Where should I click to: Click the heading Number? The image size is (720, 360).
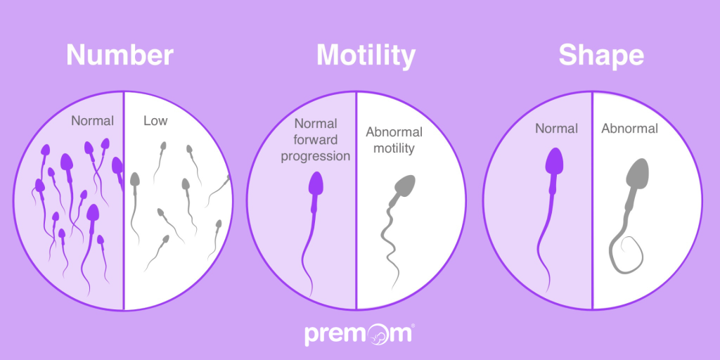(x=120, y=56)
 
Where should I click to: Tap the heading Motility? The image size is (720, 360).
(x=366, y=56)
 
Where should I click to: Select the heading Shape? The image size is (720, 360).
(x=601, y=56)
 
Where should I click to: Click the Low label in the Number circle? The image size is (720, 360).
(x=155, y=121)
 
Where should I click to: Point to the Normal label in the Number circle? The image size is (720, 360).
(x=92, y=121)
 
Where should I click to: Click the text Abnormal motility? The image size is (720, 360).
(x=394, y=140)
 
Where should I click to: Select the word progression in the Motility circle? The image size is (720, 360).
(x=316, y=156)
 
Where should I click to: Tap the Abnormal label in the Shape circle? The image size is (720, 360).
(x=629, y=129)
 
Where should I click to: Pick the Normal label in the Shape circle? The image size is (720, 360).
(x=556, y=129)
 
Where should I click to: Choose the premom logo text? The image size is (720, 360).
(x=359, y=333)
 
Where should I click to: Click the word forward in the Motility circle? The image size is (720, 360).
(x=316, y=140)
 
